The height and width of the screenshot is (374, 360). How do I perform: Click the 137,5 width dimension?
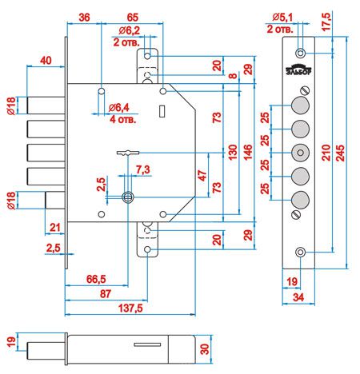tap(130, 308)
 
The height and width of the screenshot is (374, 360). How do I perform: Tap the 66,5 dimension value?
tap(96, 279)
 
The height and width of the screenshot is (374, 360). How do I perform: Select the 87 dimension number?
tap(106, 293)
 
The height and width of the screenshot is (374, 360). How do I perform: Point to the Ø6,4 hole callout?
tap(119, 108)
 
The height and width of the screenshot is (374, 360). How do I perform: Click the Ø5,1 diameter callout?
tap(282, 18)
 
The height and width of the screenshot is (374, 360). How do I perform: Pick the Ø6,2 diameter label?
tap(130, 30)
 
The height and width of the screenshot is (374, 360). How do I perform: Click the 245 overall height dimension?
tap(340, 153)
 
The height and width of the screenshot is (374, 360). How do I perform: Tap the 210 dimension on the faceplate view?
tap(326, 153)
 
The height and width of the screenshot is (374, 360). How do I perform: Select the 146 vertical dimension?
tap(248, 152)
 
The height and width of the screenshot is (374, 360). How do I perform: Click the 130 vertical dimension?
tap(233, 152)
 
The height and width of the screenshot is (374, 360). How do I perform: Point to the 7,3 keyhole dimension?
tap(143, 169)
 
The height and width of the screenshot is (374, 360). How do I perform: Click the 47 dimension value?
tap(202, 176)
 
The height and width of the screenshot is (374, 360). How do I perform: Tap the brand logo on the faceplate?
tap(298, 70)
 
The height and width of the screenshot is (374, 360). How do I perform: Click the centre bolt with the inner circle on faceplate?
tap(300, 153)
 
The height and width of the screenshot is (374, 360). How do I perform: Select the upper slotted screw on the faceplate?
tap(305, 90)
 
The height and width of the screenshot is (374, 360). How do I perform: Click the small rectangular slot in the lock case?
tap(162, 111)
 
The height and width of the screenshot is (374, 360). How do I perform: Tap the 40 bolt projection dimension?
tap(46, 61)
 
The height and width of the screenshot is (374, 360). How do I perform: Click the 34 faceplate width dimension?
tap(298, 297)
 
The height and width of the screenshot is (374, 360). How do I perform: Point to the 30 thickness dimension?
tap(205, 349)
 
